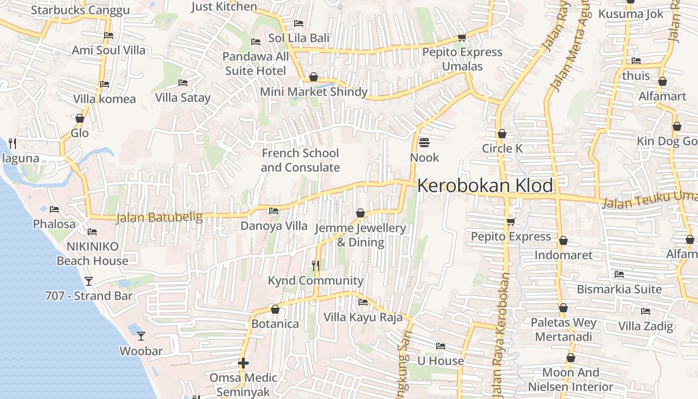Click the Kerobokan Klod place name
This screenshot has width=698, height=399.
[x=485, y=186]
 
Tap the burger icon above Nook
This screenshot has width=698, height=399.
[x=424, y=143]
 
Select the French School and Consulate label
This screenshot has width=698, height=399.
[x=300, y=160]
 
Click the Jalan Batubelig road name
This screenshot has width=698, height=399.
[x=159, y=218]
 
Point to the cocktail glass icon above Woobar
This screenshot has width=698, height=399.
[x=141, y=336]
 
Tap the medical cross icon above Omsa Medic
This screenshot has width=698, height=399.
[x=243, y=363]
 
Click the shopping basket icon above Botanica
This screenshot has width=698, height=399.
[x=275, y=309]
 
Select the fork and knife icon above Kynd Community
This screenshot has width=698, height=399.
[x=315, y=266]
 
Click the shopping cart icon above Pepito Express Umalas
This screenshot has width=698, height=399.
[x=462, y=37]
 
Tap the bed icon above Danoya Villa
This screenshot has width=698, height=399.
[x=274, y=211]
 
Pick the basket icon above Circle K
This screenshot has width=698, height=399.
[x=502, y=134]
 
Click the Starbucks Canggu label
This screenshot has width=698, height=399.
[x=80, y=10]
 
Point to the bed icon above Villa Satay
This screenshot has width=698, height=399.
[x=183, y=82]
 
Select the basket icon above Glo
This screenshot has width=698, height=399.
[x=79, y=118]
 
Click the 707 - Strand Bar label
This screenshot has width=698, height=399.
[x=89, y=296]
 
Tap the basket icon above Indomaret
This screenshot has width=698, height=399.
[x=563, y=240]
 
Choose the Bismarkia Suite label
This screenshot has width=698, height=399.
[x=619, y=289]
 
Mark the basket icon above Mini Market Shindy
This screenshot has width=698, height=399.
[x=314, y=77]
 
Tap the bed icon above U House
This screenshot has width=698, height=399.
[x=440, y=346]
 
